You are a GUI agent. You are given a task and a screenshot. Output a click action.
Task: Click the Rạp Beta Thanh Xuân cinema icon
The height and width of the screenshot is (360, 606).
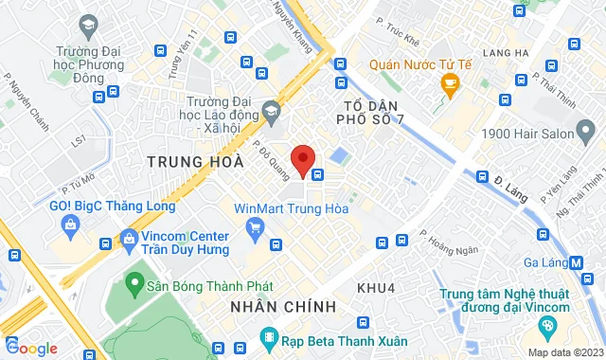point(269,338)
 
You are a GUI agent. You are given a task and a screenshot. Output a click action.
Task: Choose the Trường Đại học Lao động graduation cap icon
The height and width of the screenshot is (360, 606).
point(271,112)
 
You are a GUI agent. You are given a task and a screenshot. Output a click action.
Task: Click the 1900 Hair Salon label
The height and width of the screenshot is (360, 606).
point(527,134)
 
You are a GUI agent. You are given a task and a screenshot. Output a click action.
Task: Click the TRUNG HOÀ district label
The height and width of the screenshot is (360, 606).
point(189,162)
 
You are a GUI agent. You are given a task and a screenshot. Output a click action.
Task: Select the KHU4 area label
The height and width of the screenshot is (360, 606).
point(375,285)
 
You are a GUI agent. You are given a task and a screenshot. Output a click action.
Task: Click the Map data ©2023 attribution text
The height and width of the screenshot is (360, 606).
point(564,352)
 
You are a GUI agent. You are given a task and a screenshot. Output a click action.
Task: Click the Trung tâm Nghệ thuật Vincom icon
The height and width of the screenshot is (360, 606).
point(546,326)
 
